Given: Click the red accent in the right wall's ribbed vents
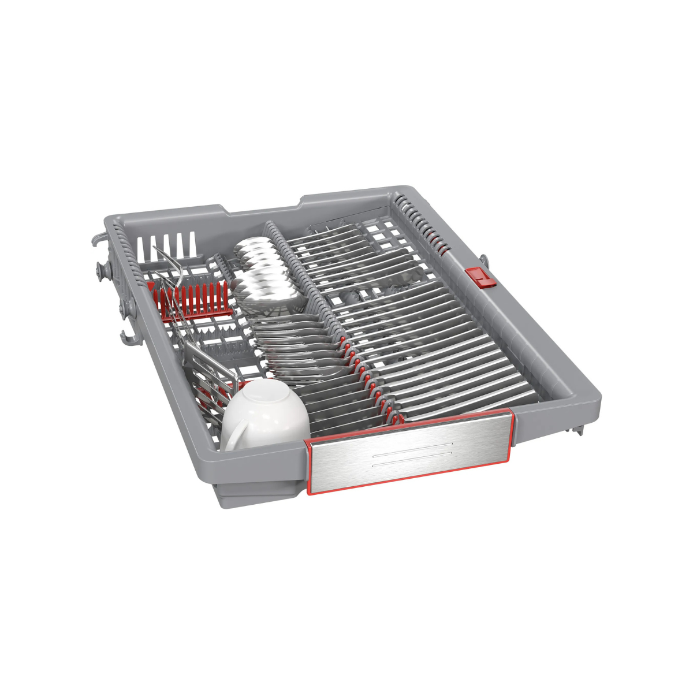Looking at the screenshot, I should pyautogui.click(x=442, y=249).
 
